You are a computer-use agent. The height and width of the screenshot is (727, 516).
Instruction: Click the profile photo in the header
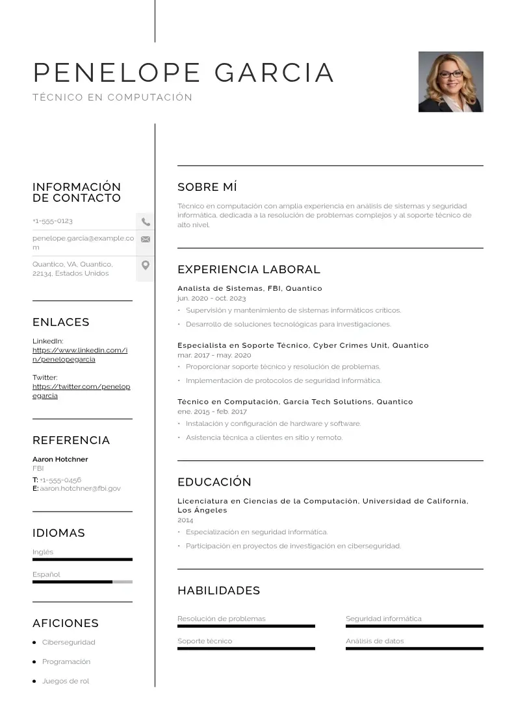(x=450, y=82)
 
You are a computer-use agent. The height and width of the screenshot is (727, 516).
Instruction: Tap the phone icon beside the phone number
(x=146, y=221)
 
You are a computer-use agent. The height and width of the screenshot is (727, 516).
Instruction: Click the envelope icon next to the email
(x=146, y=239)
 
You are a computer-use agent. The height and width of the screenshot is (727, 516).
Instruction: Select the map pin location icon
(x=146, y=265)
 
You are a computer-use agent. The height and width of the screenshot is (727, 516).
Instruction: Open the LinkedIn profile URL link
(x=79, y=354)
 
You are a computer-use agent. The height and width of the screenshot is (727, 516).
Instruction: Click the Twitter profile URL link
(x=81, y=391)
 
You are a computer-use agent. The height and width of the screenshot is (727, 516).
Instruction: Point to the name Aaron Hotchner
(x=60, y=459)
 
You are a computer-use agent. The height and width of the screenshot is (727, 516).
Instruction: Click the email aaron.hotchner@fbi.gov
(x=80, y=488)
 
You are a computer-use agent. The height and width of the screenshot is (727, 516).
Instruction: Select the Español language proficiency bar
(x=82, y=582)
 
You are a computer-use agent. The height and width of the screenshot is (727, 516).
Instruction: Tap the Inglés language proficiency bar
(x=82, y=559)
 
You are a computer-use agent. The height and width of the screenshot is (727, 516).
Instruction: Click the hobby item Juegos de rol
(x=66, y=681)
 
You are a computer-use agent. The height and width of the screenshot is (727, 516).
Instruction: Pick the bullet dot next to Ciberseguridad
(x=34, y=643)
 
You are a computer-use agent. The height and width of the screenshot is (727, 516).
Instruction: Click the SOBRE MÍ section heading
(x=207, y=187)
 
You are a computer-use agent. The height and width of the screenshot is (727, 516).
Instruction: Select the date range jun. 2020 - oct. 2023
(x=211, y=298)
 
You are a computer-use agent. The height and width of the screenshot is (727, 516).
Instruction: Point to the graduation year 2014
(x=185, y=520)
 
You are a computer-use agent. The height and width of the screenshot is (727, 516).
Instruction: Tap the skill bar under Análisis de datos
(x=414, y=648)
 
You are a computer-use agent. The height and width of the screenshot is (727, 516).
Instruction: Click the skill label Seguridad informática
(x=383, y=619)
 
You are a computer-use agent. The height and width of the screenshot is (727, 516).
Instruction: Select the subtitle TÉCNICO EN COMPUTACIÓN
(x=112, y=97)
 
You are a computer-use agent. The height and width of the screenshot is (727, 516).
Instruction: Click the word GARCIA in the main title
(x=274, y=73)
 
